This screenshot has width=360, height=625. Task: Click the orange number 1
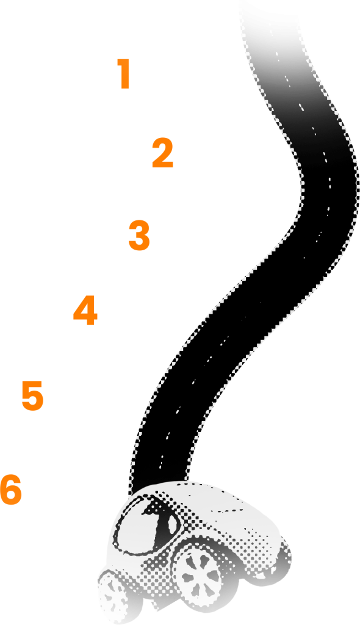click(124, 74)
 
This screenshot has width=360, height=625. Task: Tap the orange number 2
click(163, 153)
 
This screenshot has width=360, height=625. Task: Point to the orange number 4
click(85, 310)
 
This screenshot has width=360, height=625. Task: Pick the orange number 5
click(32, 396)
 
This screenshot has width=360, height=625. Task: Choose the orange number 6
click(11, 490)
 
